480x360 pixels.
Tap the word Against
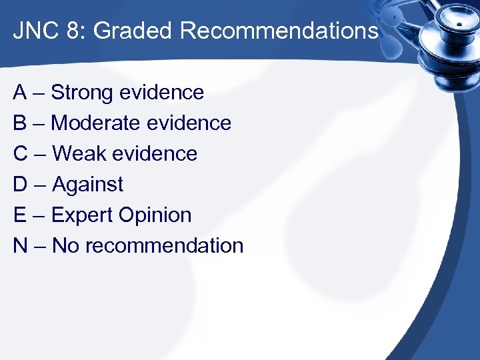(87, 184)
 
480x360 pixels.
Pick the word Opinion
(155, 215)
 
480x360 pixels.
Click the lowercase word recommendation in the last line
(164, 245)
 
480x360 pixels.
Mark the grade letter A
(20, 92)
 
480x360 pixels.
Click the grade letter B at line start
(20, 123)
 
